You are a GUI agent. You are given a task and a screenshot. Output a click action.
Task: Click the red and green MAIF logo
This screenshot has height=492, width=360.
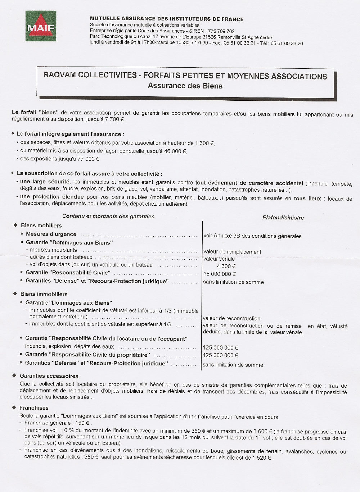(41, 26)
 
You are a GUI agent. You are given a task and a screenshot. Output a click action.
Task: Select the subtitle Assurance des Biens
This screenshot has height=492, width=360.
(185, 86)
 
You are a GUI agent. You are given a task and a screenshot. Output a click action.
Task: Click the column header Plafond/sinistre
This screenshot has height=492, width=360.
(283, 218)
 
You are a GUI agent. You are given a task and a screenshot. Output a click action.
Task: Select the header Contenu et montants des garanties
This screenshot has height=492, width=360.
(108, 217)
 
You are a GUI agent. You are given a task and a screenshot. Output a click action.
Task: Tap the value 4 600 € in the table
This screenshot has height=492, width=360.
(226, 266)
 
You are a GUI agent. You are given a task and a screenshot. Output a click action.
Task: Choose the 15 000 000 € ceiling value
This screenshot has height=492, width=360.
(220, 274)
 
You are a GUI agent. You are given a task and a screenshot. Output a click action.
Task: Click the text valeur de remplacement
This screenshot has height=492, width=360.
(232, 252)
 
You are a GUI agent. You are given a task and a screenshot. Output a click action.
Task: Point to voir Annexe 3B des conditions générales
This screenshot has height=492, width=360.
(252, 236)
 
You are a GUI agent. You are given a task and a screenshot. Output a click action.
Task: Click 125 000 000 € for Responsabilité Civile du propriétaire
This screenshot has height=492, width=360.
(220, 355)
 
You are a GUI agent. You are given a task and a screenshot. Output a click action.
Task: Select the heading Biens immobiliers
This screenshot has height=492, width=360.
(44, 294)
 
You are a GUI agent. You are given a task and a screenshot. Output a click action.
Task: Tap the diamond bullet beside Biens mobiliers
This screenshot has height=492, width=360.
(15, 225)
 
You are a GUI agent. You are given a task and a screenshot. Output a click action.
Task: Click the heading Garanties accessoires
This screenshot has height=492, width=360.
(49, 376)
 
